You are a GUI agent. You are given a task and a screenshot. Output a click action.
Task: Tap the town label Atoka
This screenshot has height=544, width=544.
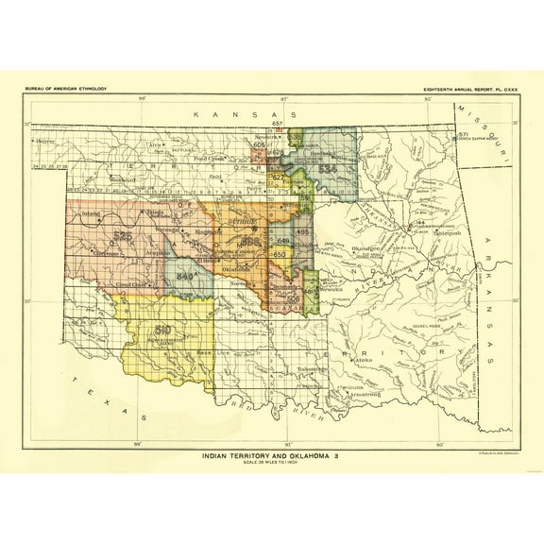click(361, 360)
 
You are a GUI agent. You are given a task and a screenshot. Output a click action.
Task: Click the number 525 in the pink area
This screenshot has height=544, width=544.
click(121, 236)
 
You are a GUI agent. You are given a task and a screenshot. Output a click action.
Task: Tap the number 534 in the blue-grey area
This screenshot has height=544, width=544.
click(328, 168)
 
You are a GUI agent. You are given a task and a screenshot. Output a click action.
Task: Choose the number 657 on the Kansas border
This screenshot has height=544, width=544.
click(278, 125)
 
